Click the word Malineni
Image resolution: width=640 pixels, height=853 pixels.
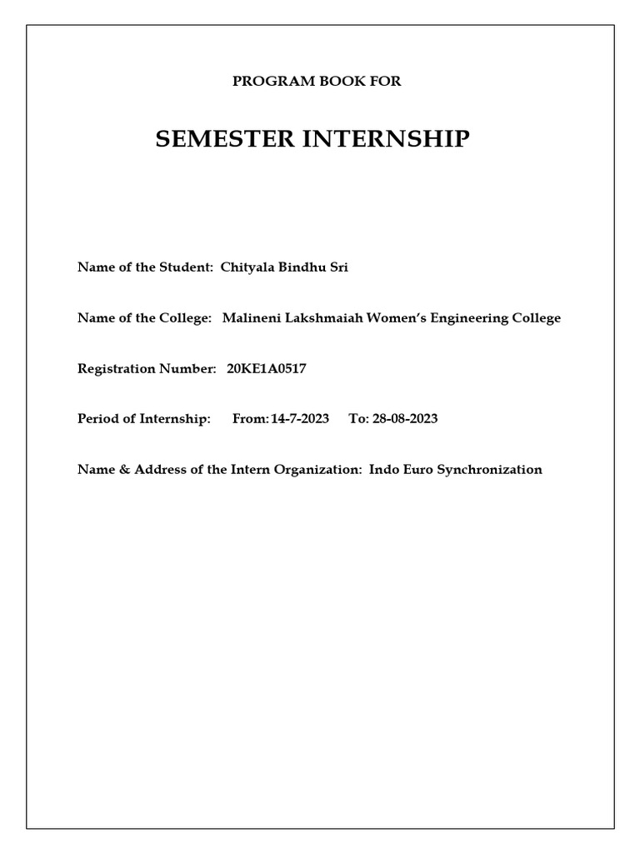pyautogui.click(x=250, y=317)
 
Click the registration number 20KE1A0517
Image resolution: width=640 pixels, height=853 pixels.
pyautogui.click(x=267, y=368)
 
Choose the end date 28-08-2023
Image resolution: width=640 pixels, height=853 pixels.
pyautogui.click(x=405, y=418)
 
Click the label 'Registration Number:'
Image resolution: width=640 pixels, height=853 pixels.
pyautogui.click(x=147, y=368)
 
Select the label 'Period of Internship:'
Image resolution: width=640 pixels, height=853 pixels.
pyautogui.click(x=144, y=418)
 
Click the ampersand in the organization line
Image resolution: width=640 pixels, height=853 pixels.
pyautogui.click(x=119, y=469)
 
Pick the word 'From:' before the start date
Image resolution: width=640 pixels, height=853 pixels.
pyautogui.click(x=250, y=418)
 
